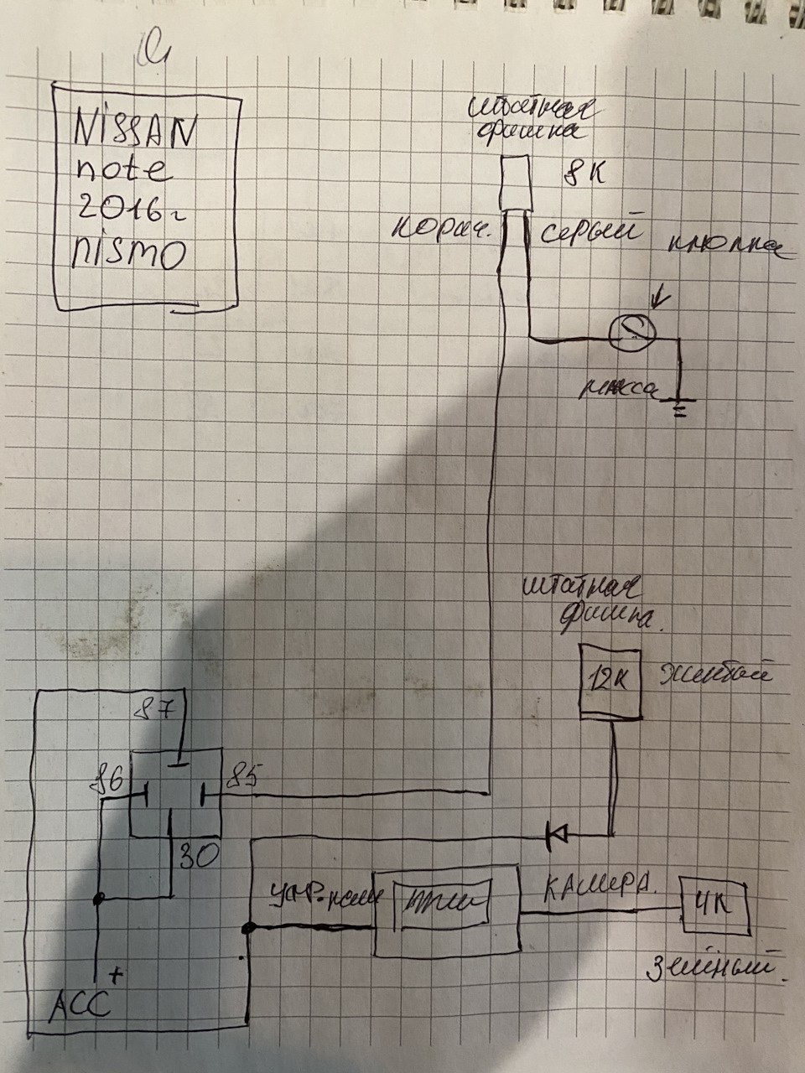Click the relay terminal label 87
pyautogui.click(x=158, y=713)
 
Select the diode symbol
pyautogui.click(x=555, y=833)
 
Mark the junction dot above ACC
pyautogui.click(x=99, y=899)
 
